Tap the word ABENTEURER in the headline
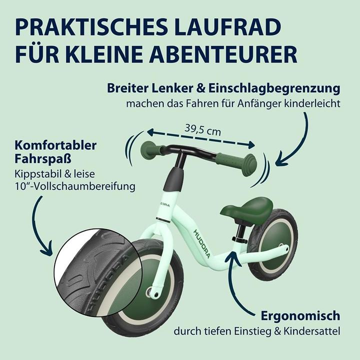tap(223, 55)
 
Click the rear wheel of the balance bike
tap(273, 244)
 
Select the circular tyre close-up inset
tap(98, 272)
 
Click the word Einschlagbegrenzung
tap(274, 88)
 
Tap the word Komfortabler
tap(55, 145)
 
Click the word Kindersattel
tap(312, 331)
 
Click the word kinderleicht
tap(312, 104)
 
